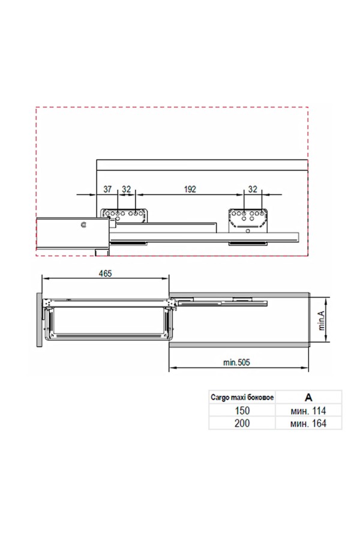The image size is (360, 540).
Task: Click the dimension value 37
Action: pos(107,189)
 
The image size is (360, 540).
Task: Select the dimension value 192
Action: pos(190,189)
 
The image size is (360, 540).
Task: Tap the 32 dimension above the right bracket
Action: pos(253,189)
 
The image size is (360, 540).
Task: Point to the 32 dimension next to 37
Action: pos(127,189)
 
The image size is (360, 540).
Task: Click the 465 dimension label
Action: pos(105,273)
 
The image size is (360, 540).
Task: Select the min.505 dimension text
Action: pos(236,362)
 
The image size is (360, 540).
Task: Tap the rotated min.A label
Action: pos(322,320)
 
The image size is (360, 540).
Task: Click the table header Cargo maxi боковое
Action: pos(242,397)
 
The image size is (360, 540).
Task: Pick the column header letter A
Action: pos(308,397)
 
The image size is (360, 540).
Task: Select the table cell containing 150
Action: pos(242,410)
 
